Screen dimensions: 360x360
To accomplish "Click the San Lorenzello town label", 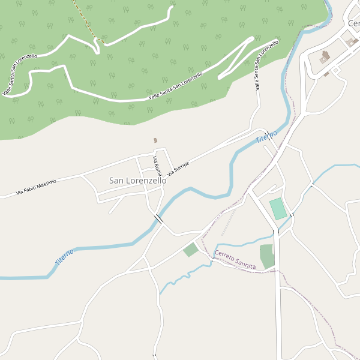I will [x=137, y=180].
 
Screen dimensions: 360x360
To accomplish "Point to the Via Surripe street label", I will [x=178, y=169].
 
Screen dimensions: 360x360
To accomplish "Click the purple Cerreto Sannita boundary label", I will [x=235, y=260].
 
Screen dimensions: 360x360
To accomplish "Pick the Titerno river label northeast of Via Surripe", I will [x=266, y=136].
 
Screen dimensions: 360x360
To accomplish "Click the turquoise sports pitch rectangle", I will [x=278, y=209].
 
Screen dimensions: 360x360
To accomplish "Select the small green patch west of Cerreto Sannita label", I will [x=191, y=250].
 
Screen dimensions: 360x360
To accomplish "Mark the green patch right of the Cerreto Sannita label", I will [x=267, y=256].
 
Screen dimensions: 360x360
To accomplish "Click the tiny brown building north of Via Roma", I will [x=155, y=140].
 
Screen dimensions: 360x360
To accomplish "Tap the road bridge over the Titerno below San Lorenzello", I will [x=158, y=220].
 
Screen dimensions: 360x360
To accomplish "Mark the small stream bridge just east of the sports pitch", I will [x=292, y=214].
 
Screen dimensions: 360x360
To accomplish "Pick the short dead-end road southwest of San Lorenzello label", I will [x=115, y=206].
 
